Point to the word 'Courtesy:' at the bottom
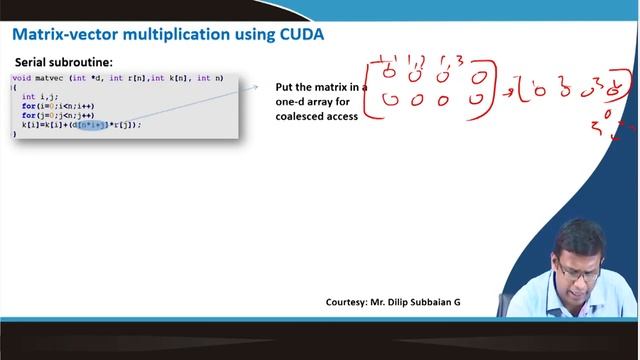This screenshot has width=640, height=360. (x=349, y=302)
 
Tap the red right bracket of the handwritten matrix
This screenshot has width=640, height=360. (x=495, y=90)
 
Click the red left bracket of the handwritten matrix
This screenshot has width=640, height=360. (x=370, y=90)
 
